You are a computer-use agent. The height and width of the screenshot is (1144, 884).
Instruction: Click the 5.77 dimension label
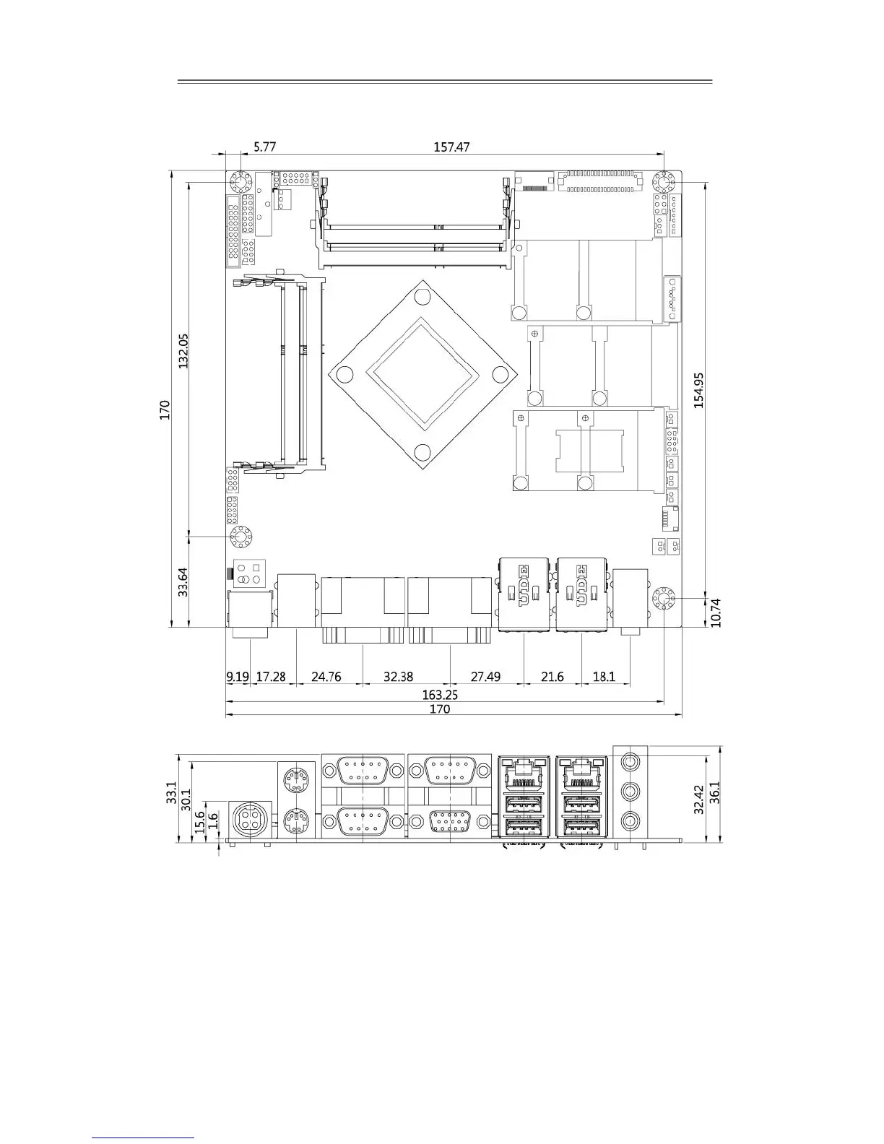click(x=264, y=147)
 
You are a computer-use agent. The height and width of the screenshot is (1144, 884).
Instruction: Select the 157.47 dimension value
click(x=451, y=147)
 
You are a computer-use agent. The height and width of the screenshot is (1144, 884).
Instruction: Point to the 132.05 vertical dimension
click(x=183, y=350)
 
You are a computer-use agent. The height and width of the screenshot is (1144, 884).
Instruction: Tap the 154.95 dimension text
click(x=698, y=391)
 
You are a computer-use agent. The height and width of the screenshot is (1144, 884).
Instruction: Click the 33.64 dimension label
click(x=183, y=581)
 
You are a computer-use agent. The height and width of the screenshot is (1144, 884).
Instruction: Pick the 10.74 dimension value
click(x=716, y=612)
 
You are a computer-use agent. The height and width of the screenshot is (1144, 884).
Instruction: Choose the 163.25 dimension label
click(x=440, y=695)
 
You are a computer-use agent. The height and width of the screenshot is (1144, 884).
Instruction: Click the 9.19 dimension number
click(x=238, y=677)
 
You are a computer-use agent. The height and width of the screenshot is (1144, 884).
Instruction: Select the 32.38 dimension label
click(x=398, y=677)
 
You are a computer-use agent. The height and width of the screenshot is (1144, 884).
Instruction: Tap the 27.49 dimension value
click(x=485, y=677)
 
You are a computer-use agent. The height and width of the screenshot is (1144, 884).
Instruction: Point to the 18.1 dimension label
click(x=604, y=677)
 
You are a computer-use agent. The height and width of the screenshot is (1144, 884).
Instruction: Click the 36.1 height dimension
click(x=714, y=792)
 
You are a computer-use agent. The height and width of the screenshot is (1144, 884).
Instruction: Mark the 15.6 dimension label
click(x=199, y=822)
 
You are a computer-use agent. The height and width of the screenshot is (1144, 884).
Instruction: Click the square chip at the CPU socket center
click(x=422, y=374)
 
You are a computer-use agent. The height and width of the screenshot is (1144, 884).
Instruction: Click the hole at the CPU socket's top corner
click(x=422, y=297)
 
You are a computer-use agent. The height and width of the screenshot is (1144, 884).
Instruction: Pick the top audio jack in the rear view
click(x=630, y=760)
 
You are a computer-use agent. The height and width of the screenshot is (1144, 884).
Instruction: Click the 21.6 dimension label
click(x=552, y=677)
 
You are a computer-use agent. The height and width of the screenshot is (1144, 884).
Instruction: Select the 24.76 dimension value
click(x=326, y=677)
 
